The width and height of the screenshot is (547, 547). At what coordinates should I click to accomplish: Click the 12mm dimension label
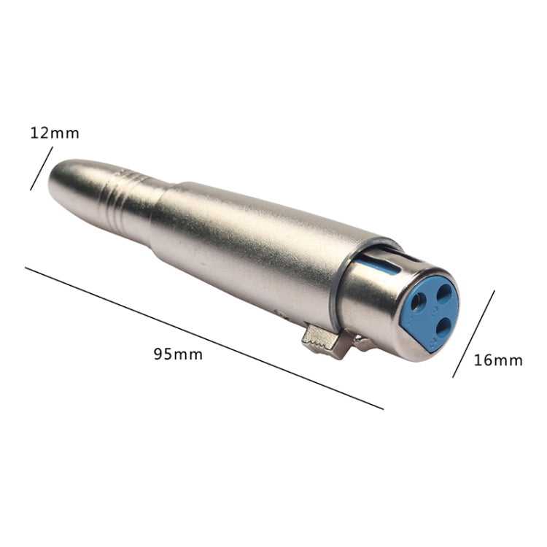tap(55, 133)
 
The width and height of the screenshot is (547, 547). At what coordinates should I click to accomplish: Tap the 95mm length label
tap(178, 354)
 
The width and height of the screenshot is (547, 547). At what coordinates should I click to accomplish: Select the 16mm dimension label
tap(498, 360)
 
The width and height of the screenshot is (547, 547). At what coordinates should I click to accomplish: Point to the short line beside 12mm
tap(42, 168)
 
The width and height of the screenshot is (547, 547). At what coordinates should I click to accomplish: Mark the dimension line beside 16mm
tap(473, 334)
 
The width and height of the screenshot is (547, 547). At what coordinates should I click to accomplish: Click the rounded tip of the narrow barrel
tap(55, 182)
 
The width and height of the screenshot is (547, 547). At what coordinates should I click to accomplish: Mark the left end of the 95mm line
tap(26, 268)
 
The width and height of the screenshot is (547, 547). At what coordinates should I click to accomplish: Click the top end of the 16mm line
tap(494, 292)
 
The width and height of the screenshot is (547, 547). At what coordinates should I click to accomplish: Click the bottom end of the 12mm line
tap(31, 190)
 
